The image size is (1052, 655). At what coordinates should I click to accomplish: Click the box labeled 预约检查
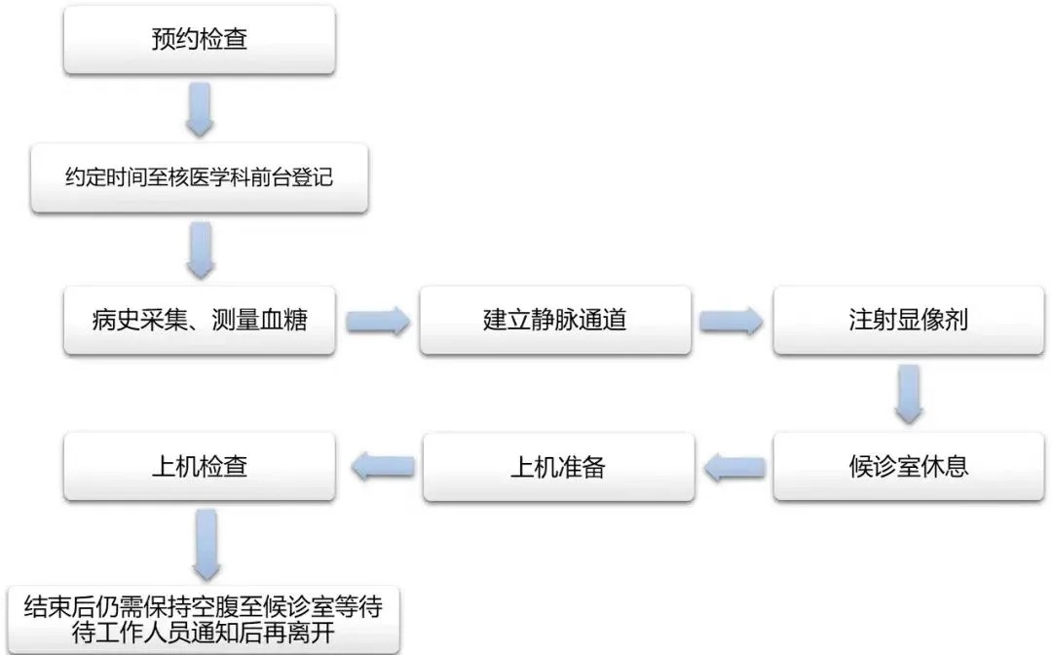pyautogui.click(x=200, y=40)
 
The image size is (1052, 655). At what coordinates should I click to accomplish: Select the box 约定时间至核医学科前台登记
pyautogui.click(x=200, y=178)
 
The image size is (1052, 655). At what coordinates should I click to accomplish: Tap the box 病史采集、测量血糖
pyautogui.click(x=200, y=320)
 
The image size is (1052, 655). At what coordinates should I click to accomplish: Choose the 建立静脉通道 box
pyautogui.click(x=555, y=320)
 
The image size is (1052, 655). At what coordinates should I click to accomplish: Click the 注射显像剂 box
pyautogui.click(x=909, y=320)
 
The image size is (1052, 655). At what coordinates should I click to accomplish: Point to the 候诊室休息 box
pyautogui.click(x=909, y=466)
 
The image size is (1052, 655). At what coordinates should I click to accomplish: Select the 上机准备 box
pyautogui.click(x=558, y=466)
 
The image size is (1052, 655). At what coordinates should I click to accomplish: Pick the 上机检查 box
pyautogui.click(x=200, y=466)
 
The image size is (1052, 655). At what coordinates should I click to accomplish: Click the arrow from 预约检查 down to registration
pyautogui.click(x=200, y=108)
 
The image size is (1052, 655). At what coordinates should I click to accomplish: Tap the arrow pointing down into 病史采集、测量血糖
pyautogui.click(x=200, y=250)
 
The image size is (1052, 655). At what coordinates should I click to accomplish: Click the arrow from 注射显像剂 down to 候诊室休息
pyautogui.click(x=909, y=394)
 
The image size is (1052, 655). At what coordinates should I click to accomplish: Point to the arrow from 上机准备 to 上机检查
pyautogui.click(x=381, y=468)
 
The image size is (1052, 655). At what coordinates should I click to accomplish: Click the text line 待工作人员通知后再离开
pyautogui.click(x=203, y=635)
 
